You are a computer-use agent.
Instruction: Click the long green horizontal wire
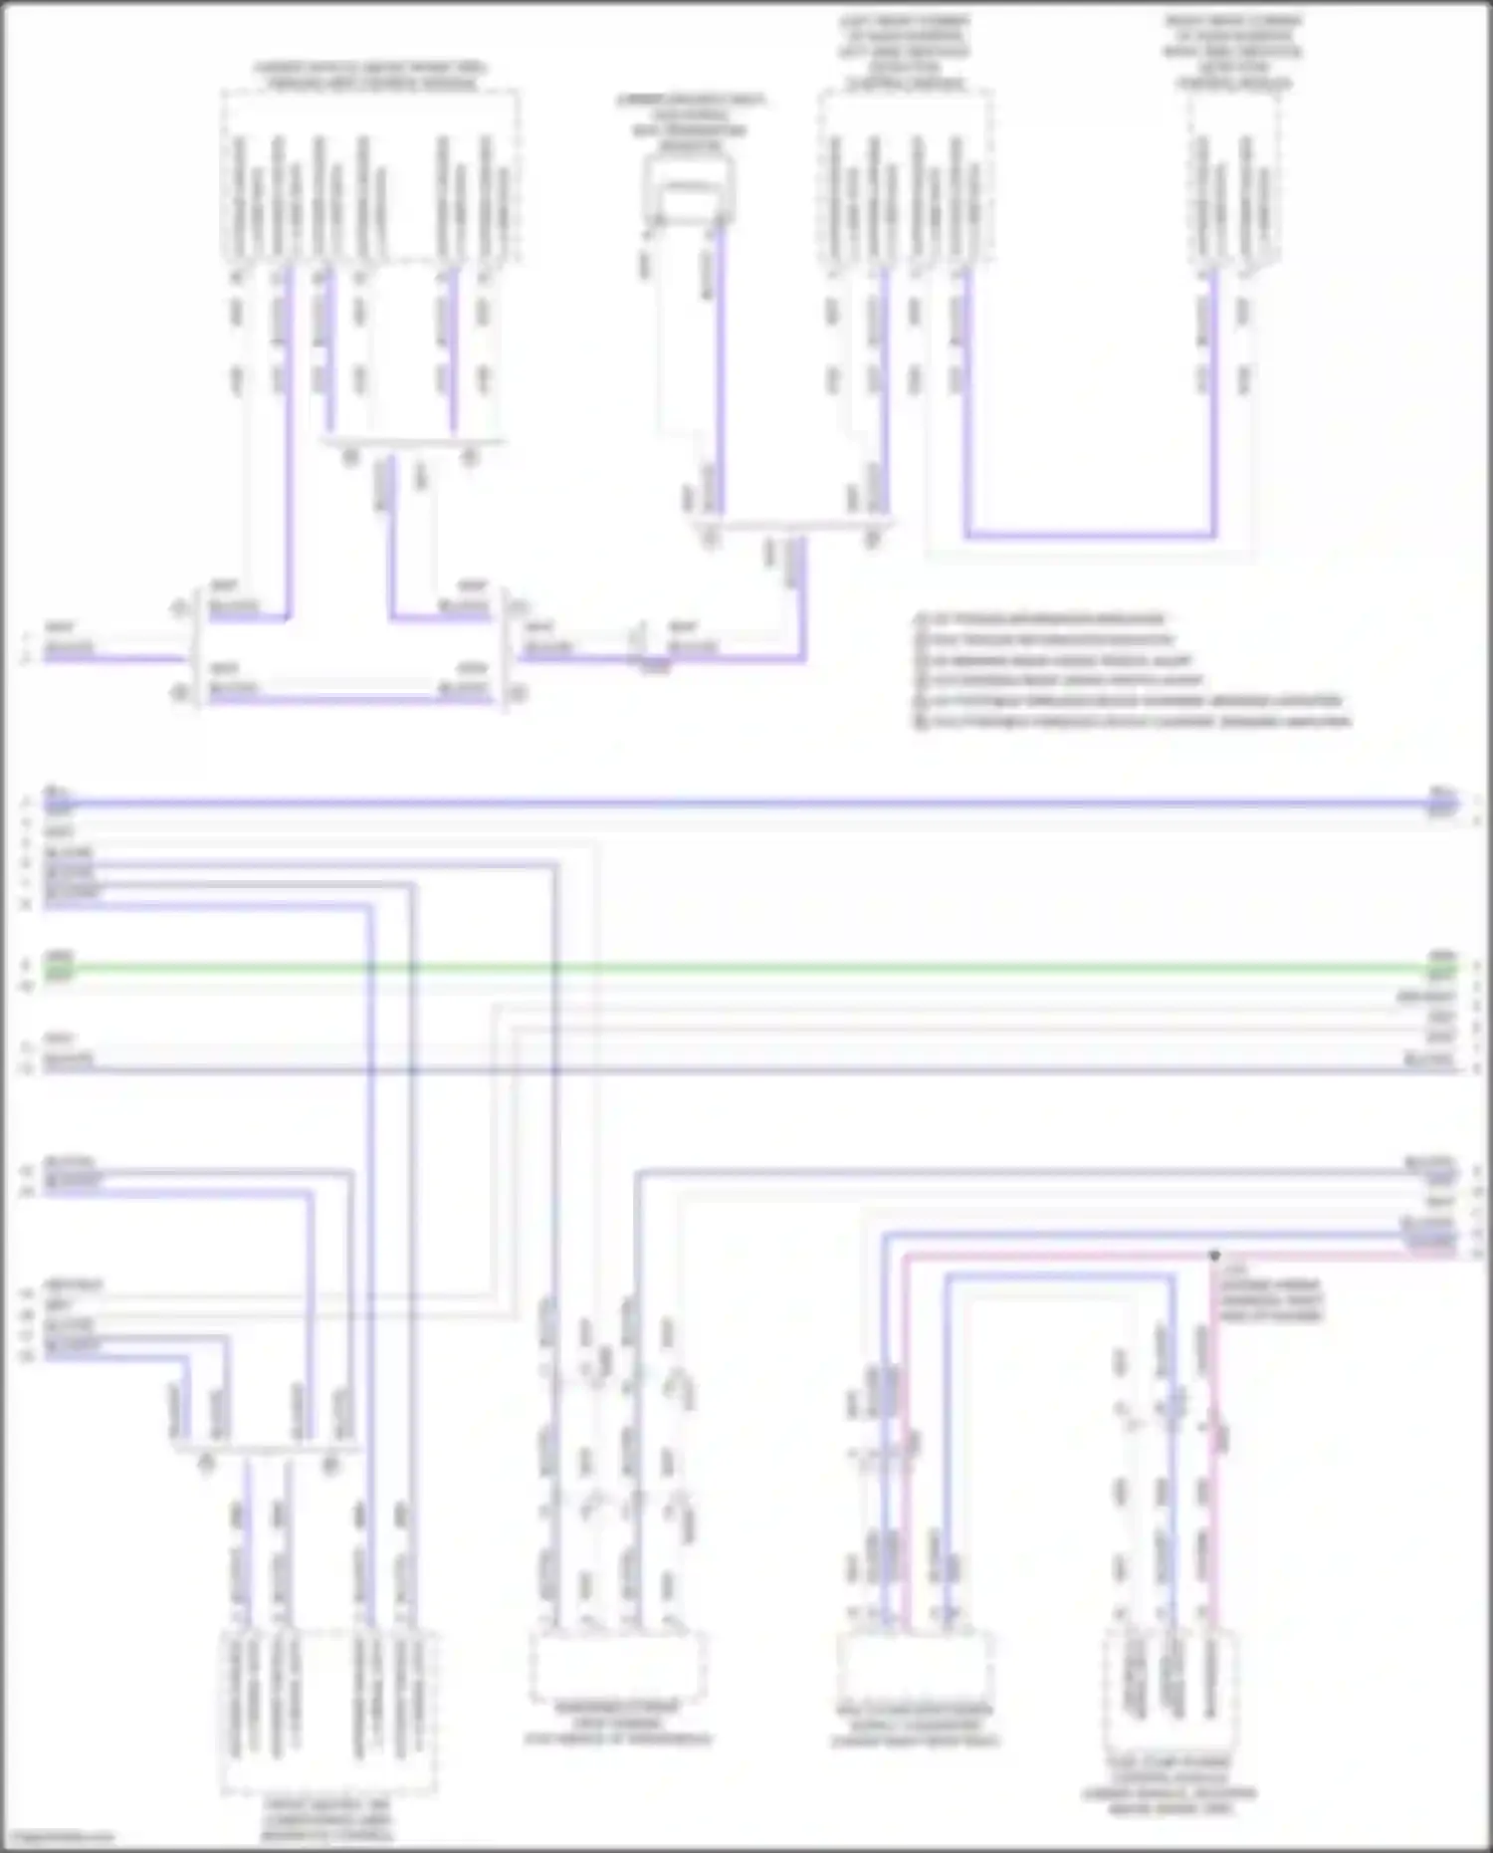pyautogui.click(x=746, y=967)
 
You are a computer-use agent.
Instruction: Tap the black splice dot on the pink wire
pyautogui.click(x=1214, y=1256)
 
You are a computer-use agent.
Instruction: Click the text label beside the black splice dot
pyautogui.click(x=1271, y=1294)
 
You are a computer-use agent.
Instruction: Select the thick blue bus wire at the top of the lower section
pyautogui.click(x=746, y=802)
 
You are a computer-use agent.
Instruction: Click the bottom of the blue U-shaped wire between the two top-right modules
pyautogui.click(x=1090, y=535)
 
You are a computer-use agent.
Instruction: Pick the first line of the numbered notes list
pyautogui.click(x=1040, y=619)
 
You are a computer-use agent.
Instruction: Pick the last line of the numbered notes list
pyautogui.click(x=1133, y=722)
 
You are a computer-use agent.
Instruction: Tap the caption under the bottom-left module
pyautogui.click(x=327, y=1819)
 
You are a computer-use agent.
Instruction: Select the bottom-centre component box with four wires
pyautogui.click(x=617, y=1666)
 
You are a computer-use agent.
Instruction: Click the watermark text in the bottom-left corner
pyautogui.click(x=58, y=1837)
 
